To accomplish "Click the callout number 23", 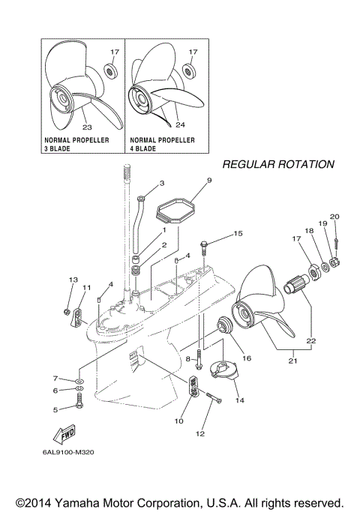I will (87, 116).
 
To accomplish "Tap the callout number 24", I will (179, 124).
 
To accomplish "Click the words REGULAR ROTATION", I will (277, 164).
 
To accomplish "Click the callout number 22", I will (311, 340).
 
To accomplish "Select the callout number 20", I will (334, 217).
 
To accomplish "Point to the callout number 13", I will (73, 280).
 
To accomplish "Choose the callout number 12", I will (199, 434).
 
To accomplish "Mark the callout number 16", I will (246, 358).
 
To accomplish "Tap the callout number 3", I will (161, 183).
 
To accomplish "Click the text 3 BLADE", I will (61, 149).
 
